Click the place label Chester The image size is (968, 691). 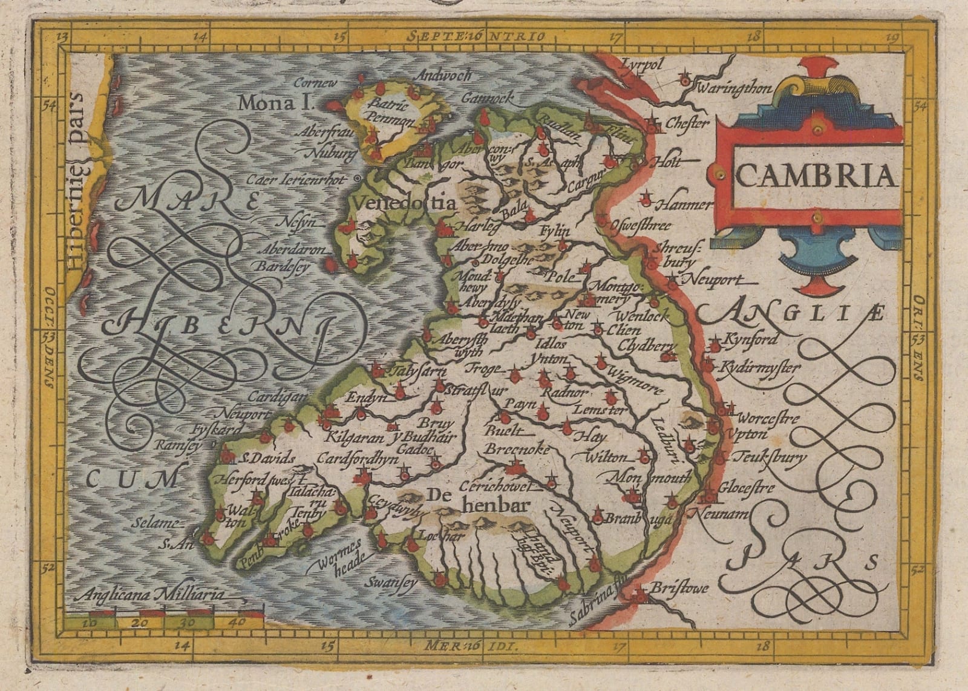click(687, 123)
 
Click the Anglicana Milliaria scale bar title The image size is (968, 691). click(155, 595)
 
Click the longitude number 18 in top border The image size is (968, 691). click(754, 36)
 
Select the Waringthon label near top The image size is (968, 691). click(734, 90)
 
